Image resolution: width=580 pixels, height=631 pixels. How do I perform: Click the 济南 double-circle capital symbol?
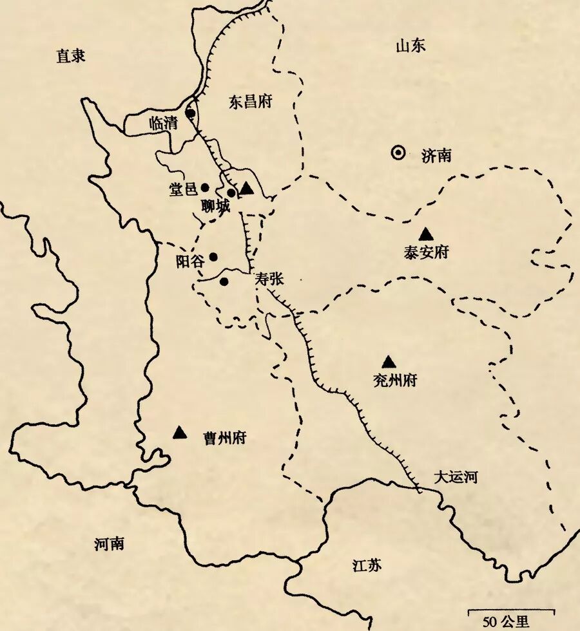click(398, 153)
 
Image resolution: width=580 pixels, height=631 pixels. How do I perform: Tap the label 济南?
click(436, 155)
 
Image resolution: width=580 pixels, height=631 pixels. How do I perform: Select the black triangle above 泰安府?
click(425, 234)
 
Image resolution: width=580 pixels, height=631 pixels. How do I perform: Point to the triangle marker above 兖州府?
click(388, 363)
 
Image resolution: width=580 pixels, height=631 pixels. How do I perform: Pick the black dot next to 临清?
click(191, 113)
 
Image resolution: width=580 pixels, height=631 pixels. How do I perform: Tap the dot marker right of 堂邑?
click(205, 187)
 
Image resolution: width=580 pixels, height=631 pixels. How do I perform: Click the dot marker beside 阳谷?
click(213, 256)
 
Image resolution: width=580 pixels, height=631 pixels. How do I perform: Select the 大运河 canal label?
click(455, 477)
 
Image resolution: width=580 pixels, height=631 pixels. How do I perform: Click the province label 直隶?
click(71, 56)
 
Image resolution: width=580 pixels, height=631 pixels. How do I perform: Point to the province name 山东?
click(411, 46)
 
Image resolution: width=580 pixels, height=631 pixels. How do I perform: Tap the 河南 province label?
click(109, 544)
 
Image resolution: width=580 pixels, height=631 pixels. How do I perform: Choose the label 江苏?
click(367, 566)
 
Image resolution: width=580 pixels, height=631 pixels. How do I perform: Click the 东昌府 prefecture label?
click(251, 102)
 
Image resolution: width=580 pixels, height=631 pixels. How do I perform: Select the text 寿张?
click(269, 279)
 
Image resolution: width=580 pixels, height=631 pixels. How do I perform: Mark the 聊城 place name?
click(215, 206)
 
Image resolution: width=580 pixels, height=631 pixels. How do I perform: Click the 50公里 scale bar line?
click(510, 609)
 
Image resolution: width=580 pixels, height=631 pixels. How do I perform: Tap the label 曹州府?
click(224, 438)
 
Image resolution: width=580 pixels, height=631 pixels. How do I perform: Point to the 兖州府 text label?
click(395, 381)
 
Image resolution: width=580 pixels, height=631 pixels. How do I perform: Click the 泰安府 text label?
click(426, 252)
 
